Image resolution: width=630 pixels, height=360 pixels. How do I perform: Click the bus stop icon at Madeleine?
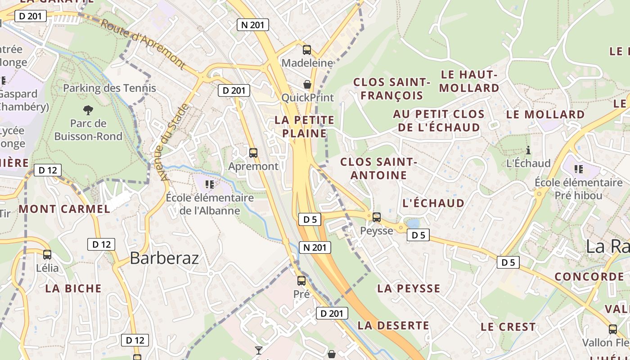pos(307,50)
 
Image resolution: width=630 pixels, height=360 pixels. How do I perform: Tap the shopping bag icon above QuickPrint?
pos(307,84)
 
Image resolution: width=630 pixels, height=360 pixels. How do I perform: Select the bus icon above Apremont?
pos(253,153)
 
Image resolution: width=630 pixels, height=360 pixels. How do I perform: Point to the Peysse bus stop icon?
pos(377,217)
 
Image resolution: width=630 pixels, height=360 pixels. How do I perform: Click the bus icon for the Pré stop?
pos(301,281)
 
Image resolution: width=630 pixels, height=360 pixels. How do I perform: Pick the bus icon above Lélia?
pos(47,255)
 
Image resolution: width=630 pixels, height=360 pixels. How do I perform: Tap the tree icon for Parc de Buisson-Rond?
pos(88,109)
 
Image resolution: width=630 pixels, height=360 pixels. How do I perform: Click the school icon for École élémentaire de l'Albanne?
pos(209,184)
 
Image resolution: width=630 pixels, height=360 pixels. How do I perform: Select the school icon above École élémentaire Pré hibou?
pos(579,169)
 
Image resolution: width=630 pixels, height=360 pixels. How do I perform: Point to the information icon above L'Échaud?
pos(528,150)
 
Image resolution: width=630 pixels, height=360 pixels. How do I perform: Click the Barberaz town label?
pos(164,258)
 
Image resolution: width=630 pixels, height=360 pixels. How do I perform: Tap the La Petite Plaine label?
pos(305,126)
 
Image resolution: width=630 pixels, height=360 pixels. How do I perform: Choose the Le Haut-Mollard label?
pos(469,81)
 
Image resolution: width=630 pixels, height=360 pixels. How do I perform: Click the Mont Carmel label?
pos(64,209)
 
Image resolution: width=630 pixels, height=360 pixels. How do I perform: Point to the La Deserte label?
pos(393,325)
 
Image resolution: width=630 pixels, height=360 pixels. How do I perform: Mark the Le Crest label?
pos(508,327)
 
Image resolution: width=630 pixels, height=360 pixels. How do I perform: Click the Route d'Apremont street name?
pos(143,44)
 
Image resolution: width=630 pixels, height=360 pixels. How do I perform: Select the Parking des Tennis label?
pos(109,88)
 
